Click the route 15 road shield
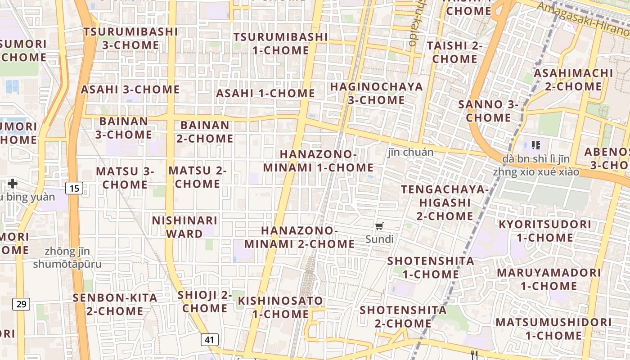pyautogui.click(x=74, y=188)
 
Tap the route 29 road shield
pyautogui.click(x=21, y=304)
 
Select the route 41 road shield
pyautogui.click(x=209, y=340)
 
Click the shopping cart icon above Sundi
pyautogui.click(x=379, y=226)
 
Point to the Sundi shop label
pyautogui.click(x=379, y=239)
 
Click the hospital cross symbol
pyautogui.click(x=13, y=184)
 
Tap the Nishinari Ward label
pyautogui.click(x=184, y=227)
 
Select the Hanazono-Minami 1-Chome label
pyautogui.click(x=318, y=161)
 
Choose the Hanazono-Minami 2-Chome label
pyautogui.click(x=300, y=237)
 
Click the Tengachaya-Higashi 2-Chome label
pyautogui.click(x=445, y=202)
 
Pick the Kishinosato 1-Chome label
pyautogui.click(x=280, y=307)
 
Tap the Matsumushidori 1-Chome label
pyautogui.click(x=553, y=329)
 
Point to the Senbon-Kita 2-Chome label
pyautogui.click(x=115, y=304)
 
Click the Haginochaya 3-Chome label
pyautogui.click(x=377, y=93)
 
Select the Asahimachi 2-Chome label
pyautogui.click(x=573, y=80)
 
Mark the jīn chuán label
pyautogui.click(x=410, y=152)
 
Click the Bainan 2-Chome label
pyautogui.click(x=205, y=132)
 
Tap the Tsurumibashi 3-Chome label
pyautogui.click(x=130, y=38)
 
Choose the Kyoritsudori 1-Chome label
pyautogui.click(x=544, y=231)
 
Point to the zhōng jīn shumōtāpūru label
pyautogui.click(x=67, y=258)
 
